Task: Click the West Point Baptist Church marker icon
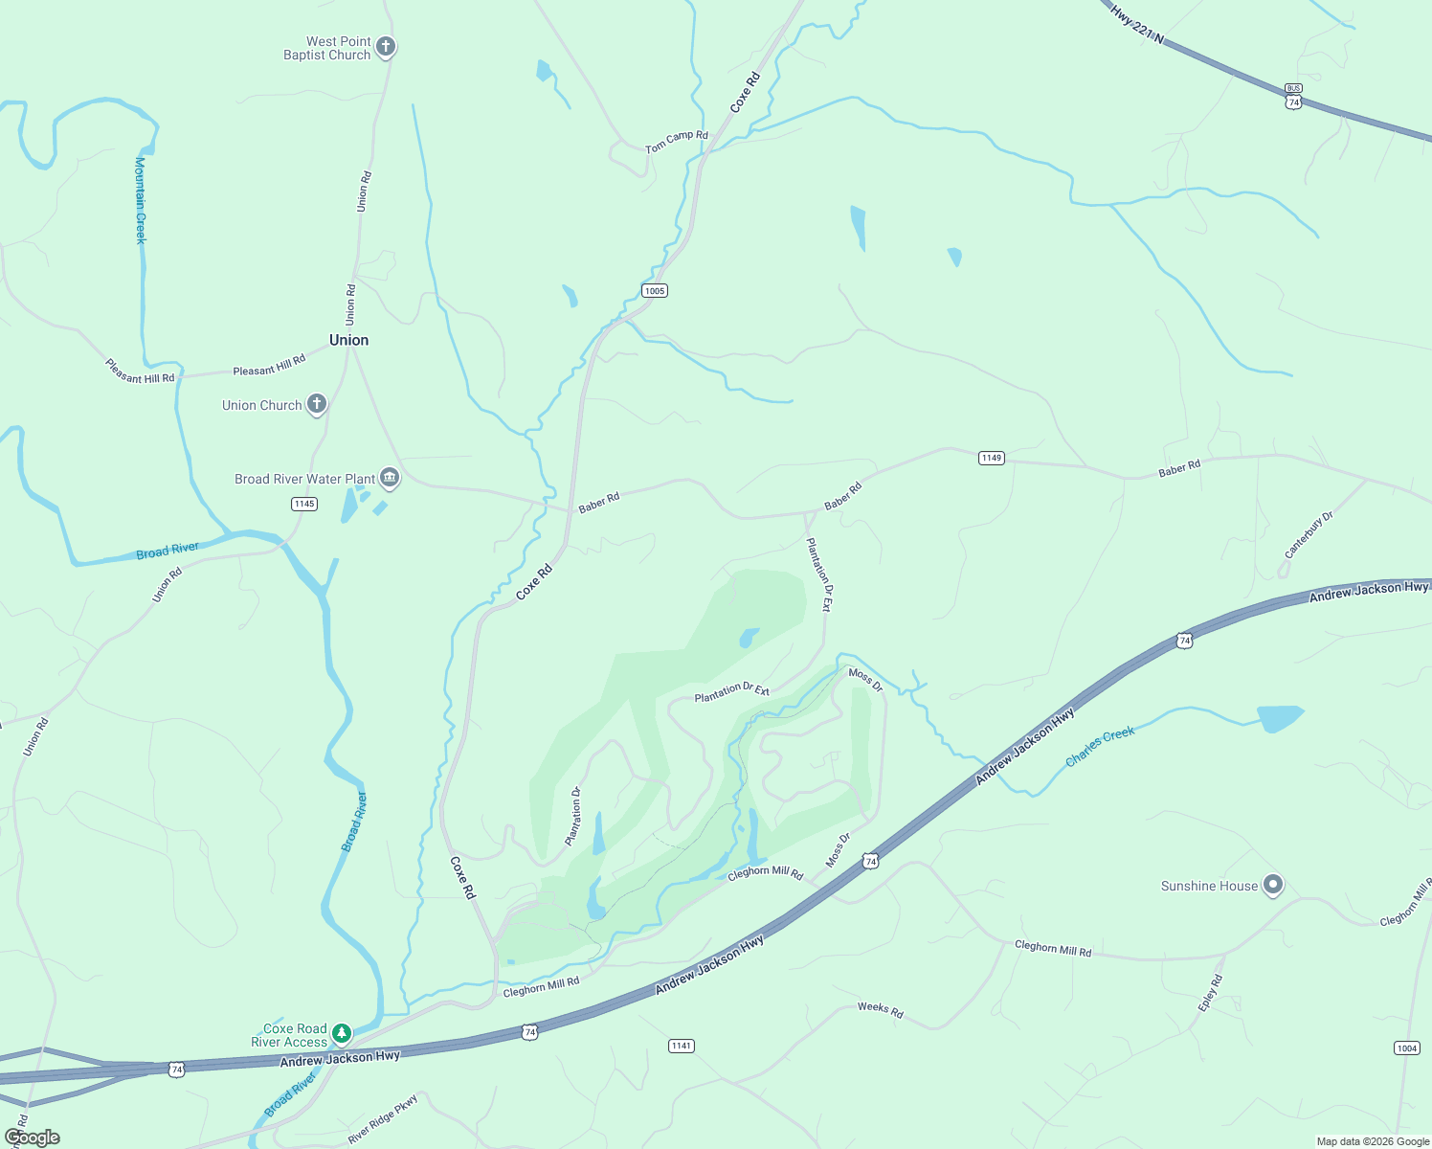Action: (x=386, y=47)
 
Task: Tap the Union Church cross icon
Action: (x=316, y=405)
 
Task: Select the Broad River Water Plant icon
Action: (x=389, y=478)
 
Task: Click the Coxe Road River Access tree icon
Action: (x=342, y=1034)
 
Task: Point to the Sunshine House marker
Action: (x=1272, y=886)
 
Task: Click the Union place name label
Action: (x=348, y=340)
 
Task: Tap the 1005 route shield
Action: (x=655, y=291)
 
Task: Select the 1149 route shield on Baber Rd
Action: (x=992, y=459)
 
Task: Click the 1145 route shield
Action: (x=304, y=504)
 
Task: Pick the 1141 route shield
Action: (x=682, y=1046)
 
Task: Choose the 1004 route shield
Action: (x=1406, y=1048)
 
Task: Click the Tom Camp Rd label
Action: (x=676, y=142)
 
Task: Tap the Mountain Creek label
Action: (x=141, y=200)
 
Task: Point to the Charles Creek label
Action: (x=1100, y=746)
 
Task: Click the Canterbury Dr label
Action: (x=1309, y=535)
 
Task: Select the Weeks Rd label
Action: (x=880, y=1009)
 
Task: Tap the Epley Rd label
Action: (x=1211, y=993)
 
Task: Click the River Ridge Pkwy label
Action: (x=383, y=1118)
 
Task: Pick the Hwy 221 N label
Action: (x=1137, y=23)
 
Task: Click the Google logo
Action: (x=32, y=1138)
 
